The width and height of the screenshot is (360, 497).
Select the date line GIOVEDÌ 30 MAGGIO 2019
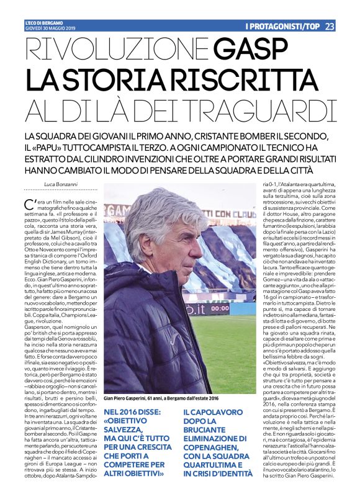point(50,28)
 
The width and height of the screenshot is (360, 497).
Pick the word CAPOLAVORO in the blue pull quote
point(214,413)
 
